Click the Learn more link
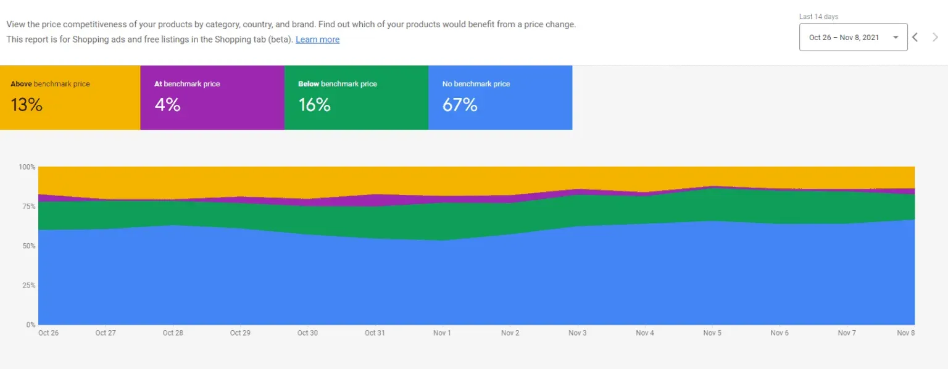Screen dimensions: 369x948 [x=317, y=39]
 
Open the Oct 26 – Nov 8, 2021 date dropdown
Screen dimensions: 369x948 [x=853, y=38]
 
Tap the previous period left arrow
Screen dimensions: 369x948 [x=915, y=37]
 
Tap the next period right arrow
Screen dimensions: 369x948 [x=935, y=37]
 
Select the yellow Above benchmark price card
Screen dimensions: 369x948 [x=70, y=97]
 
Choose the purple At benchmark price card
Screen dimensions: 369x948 [x=212, y=97]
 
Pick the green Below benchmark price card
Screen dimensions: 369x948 [x=356, y=97]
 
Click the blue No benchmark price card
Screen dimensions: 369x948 [x=500, y=97]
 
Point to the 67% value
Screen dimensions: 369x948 [x=460, y=106]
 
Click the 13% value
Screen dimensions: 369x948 [x=27, y=106]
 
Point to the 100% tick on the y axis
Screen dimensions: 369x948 [x=27, y=167]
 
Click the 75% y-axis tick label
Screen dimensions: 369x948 [x=28, y=207]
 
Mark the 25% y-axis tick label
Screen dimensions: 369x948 [x=28, y=286]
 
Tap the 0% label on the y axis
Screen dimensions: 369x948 [x=31, y=325]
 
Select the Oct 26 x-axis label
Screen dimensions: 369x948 [x=48, y=333]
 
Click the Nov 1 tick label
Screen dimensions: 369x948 [x=442, y=333]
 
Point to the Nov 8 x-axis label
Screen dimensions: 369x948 [x=906, y=333]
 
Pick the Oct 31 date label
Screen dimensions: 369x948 [x=375, y=333]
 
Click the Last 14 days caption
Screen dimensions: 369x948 [x=818, y=17]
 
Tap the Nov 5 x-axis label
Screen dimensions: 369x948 [x=712, y=333]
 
